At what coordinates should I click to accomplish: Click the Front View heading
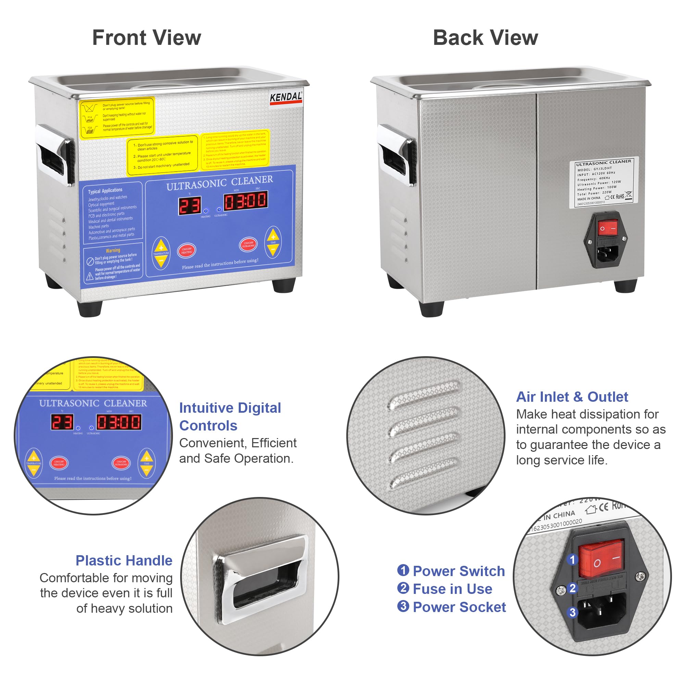147,38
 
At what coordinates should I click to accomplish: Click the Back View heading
485,38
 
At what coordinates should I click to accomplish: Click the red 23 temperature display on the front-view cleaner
189,206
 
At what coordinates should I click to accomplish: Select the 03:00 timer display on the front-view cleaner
246,201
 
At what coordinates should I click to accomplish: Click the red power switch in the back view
608,228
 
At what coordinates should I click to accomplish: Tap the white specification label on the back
604,182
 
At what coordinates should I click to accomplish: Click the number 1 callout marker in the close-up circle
572,560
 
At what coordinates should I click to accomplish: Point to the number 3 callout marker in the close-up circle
572,612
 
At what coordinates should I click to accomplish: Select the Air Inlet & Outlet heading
572,397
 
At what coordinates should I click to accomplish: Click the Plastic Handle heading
124,561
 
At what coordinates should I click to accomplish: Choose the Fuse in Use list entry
452,589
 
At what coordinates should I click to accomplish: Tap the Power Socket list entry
459,607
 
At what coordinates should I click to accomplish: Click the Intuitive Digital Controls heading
230,416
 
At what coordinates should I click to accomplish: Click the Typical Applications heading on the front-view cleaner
105,191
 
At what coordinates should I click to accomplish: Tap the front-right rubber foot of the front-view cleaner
284,285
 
